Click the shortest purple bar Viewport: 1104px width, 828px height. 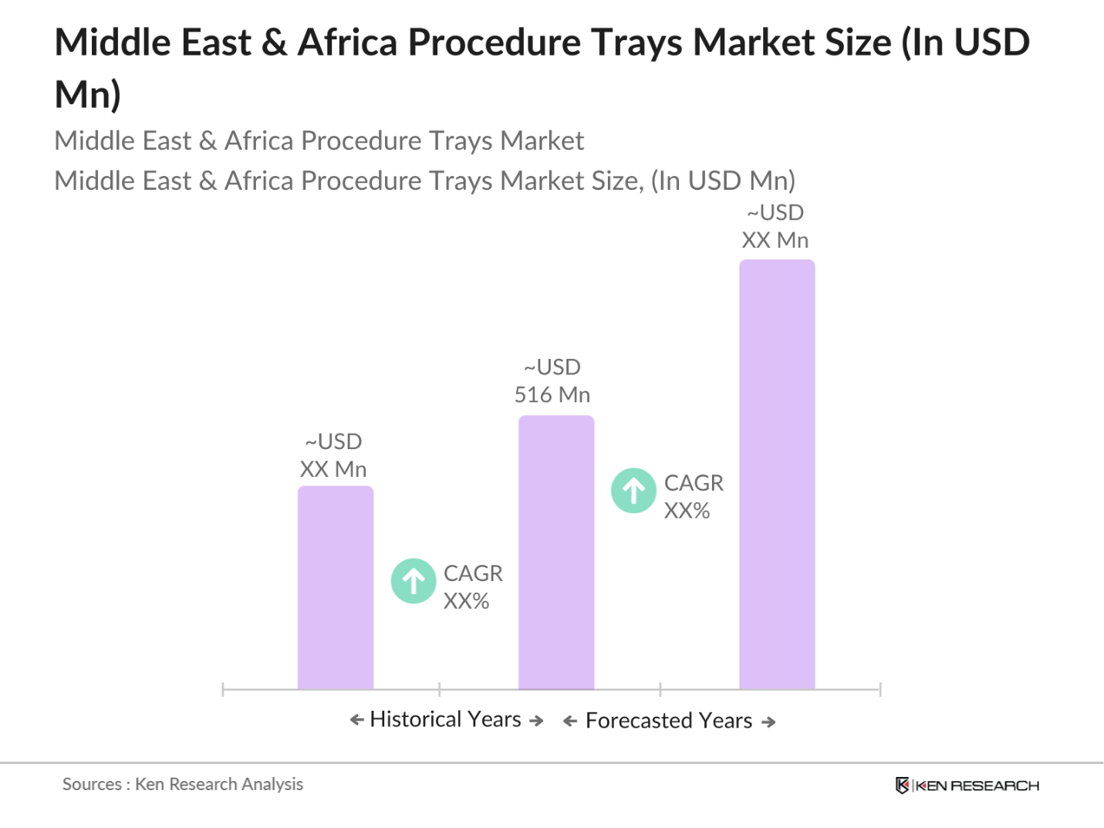pos(336,587)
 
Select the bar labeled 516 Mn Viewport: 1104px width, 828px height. pos(556,553)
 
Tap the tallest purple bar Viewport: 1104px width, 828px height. pos(777,474)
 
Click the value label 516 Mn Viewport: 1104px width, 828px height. pos(552,394)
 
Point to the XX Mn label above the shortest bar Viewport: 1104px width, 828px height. pos(333,469)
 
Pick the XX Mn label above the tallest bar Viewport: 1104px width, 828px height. pos(775,240)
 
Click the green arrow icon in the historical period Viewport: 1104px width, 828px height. pos(414,580)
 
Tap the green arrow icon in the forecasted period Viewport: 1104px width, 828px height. pos(633,490)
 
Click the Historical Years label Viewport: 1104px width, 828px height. pos(446,719)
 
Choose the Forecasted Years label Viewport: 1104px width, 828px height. pos(669,721)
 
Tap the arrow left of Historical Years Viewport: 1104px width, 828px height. pos(356,720)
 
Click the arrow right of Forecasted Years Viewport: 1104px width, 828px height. pos(768,722)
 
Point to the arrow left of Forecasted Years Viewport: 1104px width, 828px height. pos(570,722)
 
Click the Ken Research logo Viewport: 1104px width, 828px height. pos(967,786)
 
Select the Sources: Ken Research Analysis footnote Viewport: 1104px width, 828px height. pos(183,784)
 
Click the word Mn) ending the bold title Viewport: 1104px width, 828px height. pos(88,95)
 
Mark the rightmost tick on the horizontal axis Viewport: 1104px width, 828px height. pos(879,689)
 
